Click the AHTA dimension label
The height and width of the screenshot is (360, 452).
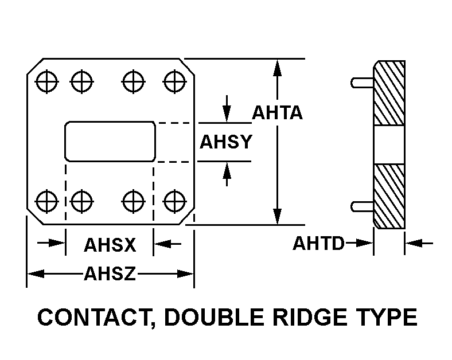click(x=277, y=112)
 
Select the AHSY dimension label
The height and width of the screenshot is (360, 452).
click(x=225, y=142)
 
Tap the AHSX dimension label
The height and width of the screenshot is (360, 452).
click(x=110, y=245)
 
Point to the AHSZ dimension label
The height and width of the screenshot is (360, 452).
click(x=110, y=274)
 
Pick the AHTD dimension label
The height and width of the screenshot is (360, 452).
click(x=318, y=244)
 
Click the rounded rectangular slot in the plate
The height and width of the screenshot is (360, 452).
click(x=110, y=141)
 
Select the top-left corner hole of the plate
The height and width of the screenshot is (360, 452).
click(x=46, y=80)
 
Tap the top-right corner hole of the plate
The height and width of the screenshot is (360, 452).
click(x=173, y=80)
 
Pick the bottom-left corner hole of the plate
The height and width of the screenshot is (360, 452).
click(x=46, y=201)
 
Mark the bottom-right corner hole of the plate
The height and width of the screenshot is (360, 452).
click(x=173, y=201)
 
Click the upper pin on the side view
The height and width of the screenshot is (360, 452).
click(x=362, y=83)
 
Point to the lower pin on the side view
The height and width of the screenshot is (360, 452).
click(x=362, y=206)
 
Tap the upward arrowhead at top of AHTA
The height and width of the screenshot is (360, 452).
click(x=278, y=66)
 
